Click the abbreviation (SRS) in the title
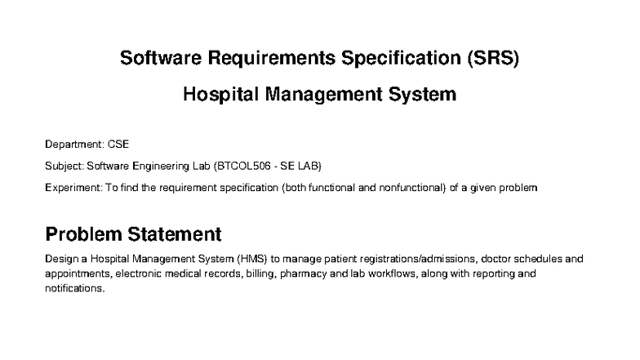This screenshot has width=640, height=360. [x=488, y=59]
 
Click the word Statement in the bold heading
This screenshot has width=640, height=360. [x=177, y=234]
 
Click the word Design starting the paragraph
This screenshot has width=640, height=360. [x=62, y=259]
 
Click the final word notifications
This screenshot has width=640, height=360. [x=74, y=288]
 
